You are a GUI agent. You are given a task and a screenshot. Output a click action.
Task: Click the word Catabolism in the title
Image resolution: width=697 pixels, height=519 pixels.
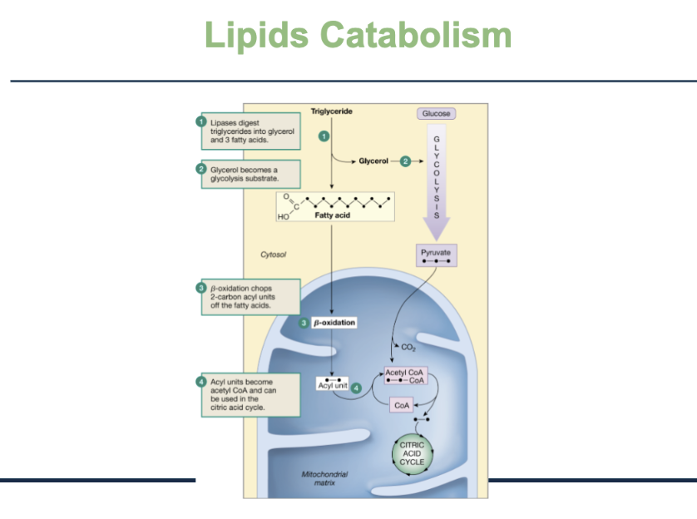(415, 36)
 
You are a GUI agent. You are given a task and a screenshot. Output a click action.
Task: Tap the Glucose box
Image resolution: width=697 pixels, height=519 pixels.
(436, 114)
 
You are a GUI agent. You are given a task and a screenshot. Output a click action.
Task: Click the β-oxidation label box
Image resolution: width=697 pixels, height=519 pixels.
(334, 322)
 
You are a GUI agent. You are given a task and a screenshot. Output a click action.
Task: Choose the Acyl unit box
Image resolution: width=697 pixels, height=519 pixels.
(333, 385)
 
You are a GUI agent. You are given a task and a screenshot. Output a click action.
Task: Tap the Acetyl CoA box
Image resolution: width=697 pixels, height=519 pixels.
(405, 376)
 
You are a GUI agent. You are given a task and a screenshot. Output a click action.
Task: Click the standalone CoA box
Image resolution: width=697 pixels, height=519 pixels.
(402, 405)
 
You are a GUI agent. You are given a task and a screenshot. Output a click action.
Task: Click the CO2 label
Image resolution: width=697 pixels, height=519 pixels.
(408, 347)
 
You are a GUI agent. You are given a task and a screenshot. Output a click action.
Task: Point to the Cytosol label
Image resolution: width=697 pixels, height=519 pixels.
(274, 255)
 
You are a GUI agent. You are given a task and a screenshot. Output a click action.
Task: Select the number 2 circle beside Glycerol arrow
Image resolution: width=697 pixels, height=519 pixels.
(405, 161)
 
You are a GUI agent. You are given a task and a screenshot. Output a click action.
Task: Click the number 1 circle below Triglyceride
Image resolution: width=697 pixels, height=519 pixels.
(324, 135)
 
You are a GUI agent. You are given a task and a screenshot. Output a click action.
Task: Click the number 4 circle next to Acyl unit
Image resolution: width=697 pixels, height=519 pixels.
(356, 388)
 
